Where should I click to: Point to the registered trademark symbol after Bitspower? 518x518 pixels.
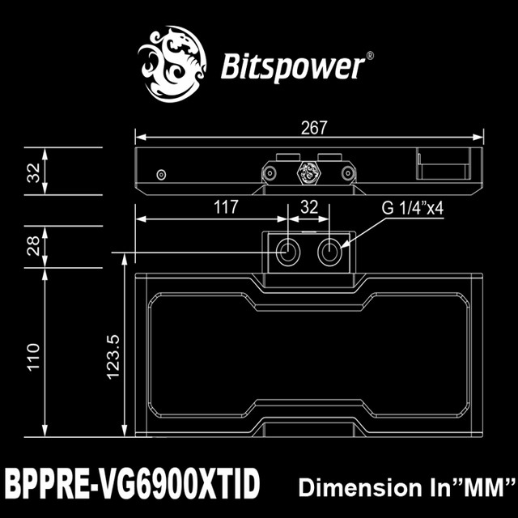point(370,57)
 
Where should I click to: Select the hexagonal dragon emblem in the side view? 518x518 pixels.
point(308,172)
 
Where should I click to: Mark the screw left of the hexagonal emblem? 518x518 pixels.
point(269,172)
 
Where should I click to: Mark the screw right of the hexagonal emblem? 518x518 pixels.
point(348,172)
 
